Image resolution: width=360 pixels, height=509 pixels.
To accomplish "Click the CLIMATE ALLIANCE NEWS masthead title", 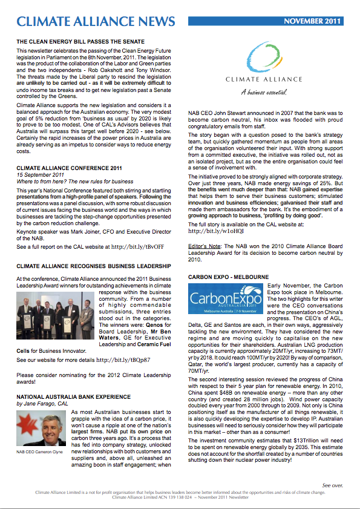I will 96,22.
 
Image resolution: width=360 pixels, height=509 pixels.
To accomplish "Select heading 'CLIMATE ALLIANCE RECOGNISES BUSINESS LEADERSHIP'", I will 94,266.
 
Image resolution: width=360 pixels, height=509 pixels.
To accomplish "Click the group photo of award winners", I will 55,312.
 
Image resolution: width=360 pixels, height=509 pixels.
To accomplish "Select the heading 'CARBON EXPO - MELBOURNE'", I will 228,277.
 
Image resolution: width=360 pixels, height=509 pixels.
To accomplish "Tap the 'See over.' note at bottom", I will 332,485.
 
